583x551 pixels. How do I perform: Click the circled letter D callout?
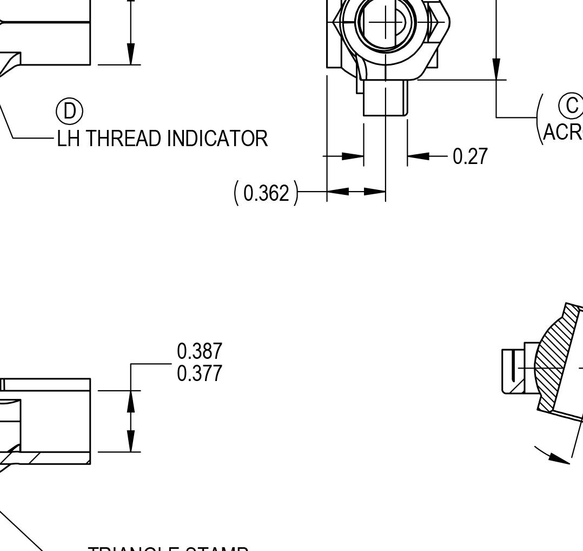pos(70,111)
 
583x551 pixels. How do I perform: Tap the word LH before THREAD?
pos(70,139)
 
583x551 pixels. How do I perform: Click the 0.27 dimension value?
pos(470,156)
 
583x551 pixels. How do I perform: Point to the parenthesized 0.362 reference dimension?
pos(266,193)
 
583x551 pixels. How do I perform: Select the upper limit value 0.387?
pos(200,351)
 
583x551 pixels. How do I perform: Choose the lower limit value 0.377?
pos(200,373)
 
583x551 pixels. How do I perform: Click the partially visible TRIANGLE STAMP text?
pos(168,548)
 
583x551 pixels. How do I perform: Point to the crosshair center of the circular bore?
pos(386,22)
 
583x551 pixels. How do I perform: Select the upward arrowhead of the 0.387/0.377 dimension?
pos(131,401)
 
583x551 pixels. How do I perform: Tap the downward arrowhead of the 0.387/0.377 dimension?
pos(131,441)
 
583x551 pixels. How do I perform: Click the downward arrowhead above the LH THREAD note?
pos(131,54)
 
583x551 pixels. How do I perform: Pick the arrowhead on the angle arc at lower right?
pos(558,457)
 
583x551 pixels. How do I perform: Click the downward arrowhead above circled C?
pos(496,69)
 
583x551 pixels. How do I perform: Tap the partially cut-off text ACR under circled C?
pos(562,132)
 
